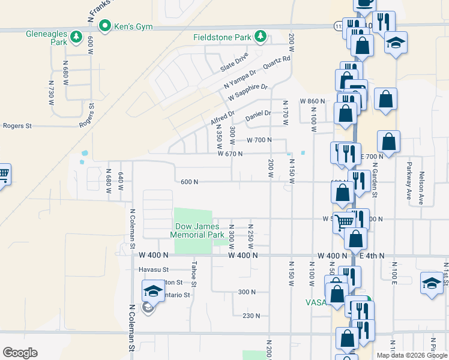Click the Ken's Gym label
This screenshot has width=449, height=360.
pos(135,27)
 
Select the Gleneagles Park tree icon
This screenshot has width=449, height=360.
pos(76,38)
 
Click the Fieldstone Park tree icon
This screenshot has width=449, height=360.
pos(261,37)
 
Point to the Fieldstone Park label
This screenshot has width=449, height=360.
pos(222,37)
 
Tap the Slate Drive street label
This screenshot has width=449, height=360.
pos(234,59)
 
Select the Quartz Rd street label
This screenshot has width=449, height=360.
pos(277,66)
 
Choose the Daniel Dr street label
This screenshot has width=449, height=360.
pos(258,113)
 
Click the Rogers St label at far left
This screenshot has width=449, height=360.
pos(17,126)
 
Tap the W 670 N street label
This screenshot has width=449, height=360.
pos(226,154)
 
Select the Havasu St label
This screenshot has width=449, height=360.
pos(154,269)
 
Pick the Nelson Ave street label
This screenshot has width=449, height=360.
pos(422,188)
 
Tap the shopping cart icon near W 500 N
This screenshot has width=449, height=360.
pos(344,221)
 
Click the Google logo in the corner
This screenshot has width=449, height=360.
pos(20,353)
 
